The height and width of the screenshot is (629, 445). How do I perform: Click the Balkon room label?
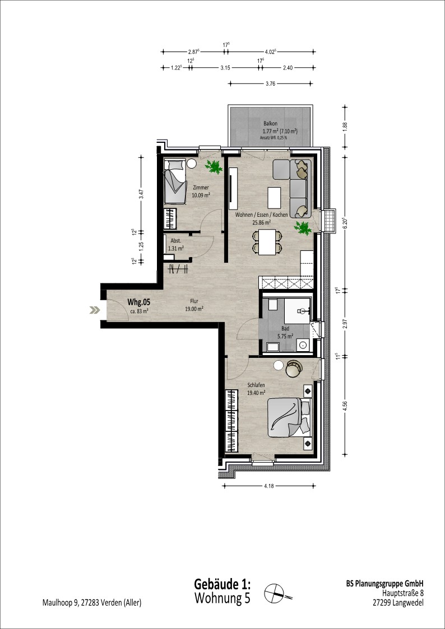pyautogui.click(x=271, y=123)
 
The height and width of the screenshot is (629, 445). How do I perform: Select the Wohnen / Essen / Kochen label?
pyautogui.click(x=261, y=215)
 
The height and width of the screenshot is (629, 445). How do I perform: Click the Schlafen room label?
pyautogui.click(x=256, y=385)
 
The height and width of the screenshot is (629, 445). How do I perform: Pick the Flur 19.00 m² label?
pyautogui.click(x=194, y=305)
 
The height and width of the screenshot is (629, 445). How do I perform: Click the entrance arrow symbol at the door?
pyautogui.click(x=95, y=310)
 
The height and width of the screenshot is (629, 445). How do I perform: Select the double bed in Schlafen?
pyautogui.click(x=289, y=418)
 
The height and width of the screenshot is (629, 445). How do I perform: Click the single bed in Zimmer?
pyautogui.click(x=175, y=181)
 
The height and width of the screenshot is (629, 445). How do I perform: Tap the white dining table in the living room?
pyautogui.click(x=267, y=242)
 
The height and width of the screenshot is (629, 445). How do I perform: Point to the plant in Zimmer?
pyautogui.click(x=214, y=166)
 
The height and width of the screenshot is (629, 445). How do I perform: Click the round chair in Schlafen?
pyautogui.click(x=294, y=369)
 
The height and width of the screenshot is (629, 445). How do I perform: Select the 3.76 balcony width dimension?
pyautogui.click(x=271, y=83)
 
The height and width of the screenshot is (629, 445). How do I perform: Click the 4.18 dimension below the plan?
pyautogui.click(x=269, y=486)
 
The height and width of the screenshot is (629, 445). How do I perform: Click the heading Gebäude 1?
pyautogui.click(x=222, y=584)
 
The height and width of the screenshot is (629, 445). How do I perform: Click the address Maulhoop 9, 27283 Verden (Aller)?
pyautogui.click(x=92, y=603)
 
